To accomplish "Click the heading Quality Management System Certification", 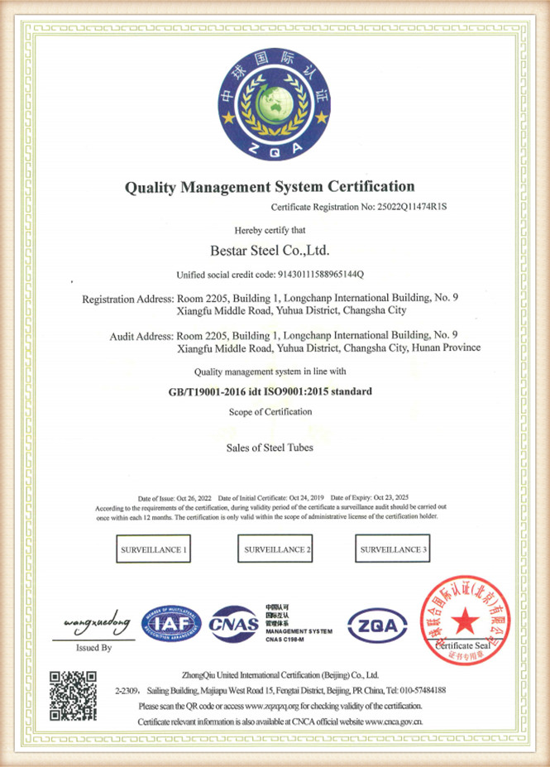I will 270,186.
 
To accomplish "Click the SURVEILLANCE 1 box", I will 153,549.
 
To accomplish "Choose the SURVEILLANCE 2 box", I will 276,549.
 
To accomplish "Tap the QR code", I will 73,694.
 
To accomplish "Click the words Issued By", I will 93,648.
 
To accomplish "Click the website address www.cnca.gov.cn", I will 395,722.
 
